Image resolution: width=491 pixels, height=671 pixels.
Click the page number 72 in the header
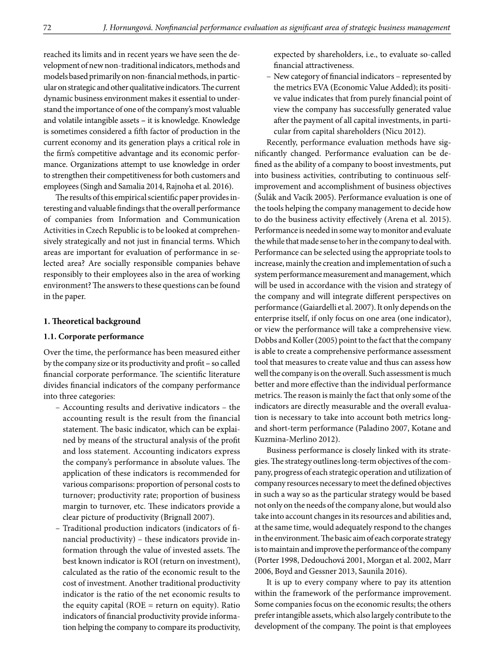[47, 27]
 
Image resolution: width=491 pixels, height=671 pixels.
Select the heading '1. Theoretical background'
[92, 321]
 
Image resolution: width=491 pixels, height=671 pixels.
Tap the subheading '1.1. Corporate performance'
[94, 336]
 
